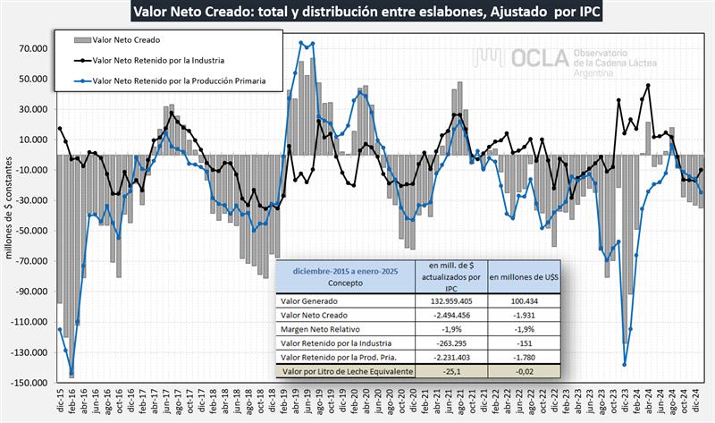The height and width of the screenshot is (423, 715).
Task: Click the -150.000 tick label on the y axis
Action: tap(29, 383)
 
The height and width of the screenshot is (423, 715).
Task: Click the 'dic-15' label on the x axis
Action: tap(60, 405)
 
